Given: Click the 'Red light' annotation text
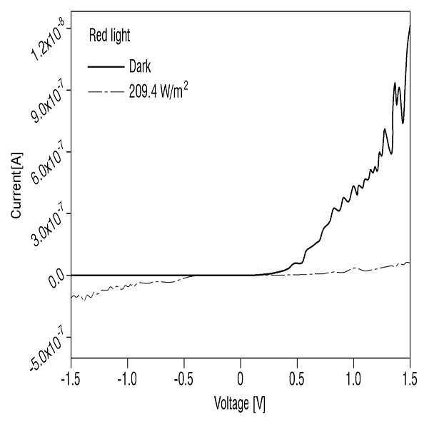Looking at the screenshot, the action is coord(109,36).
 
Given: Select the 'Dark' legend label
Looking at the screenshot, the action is coord(140,66).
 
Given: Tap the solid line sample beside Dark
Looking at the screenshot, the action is coord(106,67).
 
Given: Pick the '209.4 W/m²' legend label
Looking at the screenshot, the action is coord(158,91).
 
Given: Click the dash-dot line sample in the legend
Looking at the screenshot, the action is coord(106,91).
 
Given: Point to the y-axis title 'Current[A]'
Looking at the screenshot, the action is coord(16,185).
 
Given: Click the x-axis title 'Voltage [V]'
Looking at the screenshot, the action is coord(240,404).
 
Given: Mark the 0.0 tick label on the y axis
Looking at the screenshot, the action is coord(57,280).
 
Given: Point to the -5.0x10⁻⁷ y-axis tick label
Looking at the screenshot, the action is coord(46,351).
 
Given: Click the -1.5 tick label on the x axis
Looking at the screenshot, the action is coord(71,379).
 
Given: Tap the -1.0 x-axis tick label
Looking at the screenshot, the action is coord(127,379).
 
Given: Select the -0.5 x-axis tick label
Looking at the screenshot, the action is coord(183,379).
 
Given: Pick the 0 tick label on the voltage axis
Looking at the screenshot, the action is coord(241,379).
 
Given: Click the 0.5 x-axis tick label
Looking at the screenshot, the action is coord(297,379).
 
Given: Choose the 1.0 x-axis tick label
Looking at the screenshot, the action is coord(353,379).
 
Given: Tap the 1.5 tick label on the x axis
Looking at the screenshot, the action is coord(410,379).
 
